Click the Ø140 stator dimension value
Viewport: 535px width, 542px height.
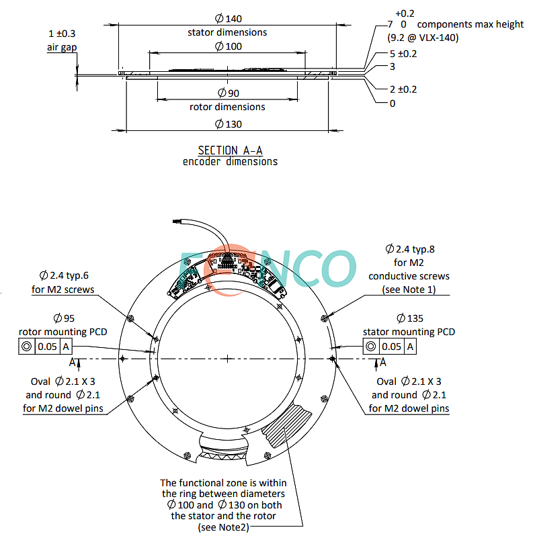(x=227, y=19)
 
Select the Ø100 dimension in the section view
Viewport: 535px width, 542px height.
(x=227, y=46)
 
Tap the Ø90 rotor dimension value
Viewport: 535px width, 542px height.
(x=227, y=93)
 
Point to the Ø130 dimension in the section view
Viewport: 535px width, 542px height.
(x=227, y=124)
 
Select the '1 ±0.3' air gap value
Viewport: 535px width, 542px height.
(x=62, y=34)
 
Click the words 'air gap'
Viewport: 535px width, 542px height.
(x=62, y=46)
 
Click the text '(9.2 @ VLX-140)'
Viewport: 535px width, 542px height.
(x=423, y=38)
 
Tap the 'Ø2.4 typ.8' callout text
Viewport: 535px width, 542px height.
(x=409, y=249)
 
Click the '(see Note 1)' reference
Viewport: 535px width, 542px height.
(x=409, y=289)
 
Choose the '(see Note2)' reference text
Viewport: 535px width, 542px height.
(x=224, y=529)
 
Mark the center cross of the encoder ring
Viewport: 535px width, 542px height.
(x=229, y=359)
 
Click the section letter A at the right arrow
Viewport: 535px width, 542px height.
(x=383, y=362)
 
